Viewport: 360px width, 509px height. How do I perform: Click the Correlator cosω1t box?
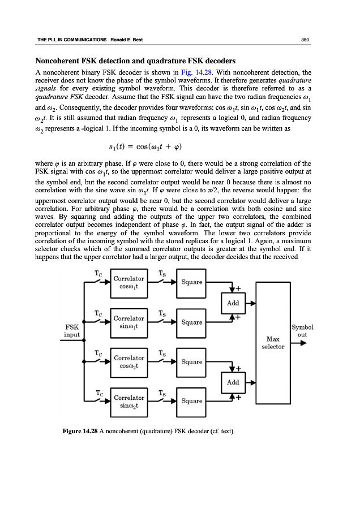coord(129,283)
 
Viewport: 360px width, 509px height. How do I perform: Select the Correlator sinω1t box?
coord(129,322)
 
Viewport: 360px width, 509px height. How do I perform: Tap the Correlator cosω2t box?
coord(129,362)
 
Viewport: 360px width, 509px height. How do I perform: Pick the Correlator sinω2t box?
coord(129,402)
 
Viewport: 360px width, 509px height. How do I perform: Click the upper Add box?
coord(233,303)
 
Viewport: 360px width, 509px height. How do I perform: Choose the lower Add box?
coord(233,382)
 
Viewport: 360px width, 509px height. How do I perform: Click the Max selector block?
coord(273,342)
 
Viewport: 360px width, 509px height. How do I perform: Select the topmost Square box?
coord(192,283)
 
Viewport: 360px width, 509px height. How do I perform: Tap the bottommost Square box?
coord(192,402)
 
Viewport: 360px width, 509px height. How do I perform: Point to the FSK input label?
coord(72,330)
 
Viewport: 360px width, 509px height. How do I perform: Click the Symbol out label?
coord(303,330)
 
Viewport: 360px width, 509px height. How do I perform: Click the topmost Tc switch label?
coord(98,273)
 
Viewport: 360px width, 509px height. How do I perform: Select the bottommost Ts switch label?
coord(162,391)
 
